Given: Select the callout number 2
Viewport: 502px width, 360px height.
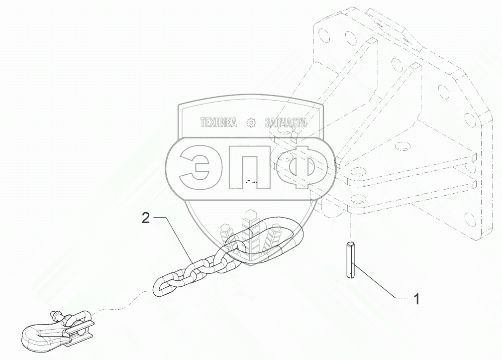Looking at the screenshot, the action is click(x=145, y=218).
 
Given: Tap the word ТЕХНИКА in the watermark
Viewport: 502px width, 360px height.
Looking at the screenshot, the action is click(x=218, y=123).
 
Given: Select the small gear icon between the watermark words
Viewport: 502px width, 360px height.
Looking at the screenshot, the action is click(x=251, y=123).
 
